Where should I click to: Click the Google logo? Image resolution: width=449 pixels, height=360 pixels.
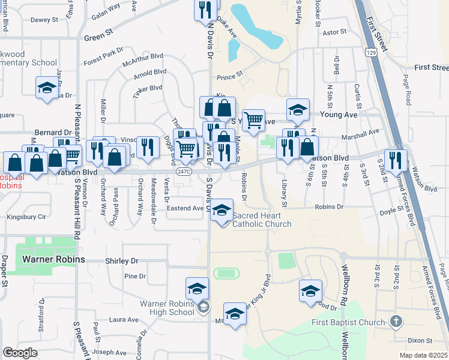[20, 353]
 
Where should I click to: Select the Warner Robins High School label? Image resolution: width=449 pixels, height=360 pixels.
[167, 307]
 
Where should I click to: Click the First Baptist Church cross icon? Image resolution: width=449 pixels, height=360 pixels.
[395, 322]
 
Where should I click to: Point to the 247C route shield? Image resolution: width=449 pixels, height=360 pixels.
[184, 171]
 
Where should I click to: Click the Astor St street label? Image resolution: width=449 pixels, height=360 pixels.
[335, 32]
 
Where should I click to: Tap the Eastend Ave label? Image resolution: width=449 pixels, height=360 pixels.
[185, 208]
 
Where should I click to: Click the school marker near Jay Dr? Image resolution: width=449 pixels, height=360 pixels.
[46, 88]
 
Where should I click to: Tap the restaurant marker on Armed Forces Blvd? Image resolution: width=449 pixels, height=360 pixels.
[395, 160]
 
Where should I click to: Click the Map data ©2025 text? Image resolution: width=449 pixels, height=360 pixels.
[423, 355]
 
